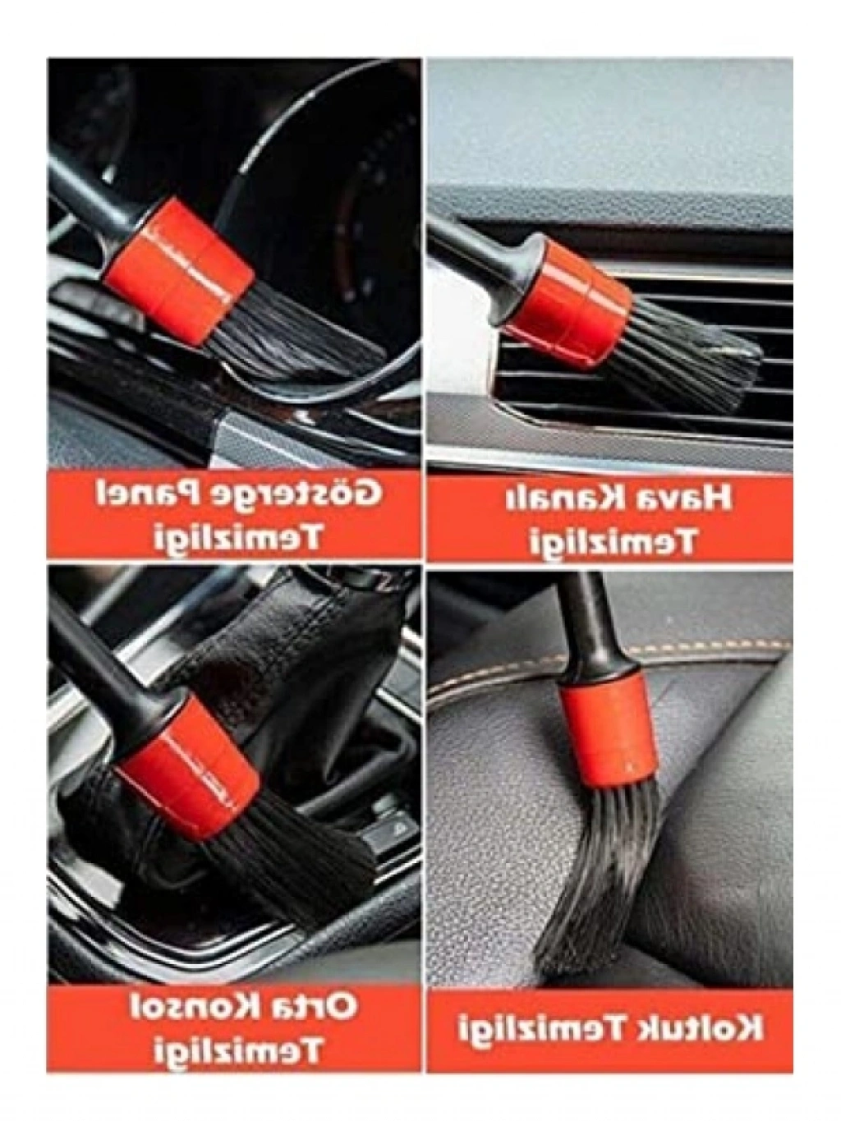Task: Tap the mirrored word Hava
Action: click(x=684, y=498)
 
